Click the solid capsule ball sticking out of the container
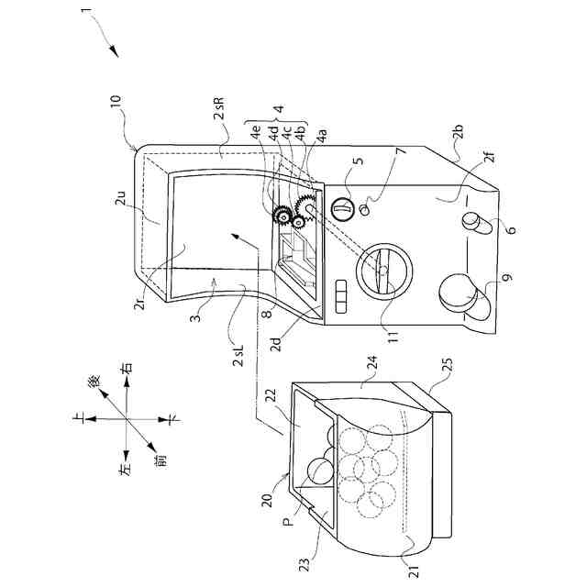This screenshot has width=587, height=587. point(321,469)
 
